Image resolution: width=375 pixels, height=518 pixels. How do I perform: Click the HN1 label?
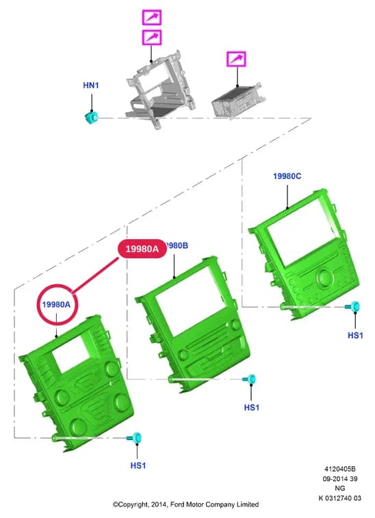[x=91, y=85]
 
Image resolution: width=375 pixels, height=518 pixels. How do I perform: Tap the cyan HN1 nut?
[x=91, y=118]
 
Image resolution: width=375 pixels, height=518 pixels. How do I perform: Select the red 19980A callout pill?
[x=142, y=249]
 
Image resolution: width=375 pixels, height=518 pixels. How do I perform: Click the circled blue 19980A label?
[x=56, y=304]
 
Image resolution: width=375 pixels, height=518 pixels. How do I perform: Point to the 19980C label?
[x=287, y=176]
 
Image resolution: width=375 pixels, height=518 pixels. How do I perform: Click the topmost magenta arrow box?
[x=152, y=17]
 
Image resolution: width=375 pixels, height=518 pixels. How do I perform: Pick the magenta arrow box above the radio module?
[x=236, y=59]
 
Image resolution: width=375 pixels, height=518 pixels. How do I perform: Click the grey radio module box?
[x=237, y=100]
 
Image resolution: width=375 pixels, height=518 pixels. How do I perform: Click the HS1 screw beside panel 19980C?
[x=353, y=307]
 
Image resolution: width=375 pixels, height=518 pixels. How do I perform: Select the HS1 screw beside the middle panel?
[x=250, y=379]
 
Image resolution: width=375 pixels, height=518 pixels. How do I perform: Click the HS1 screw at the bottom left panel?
[x=135, y=438]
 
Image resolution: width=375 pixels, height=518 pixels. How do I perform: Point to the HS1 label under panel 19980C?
[x=355, y=336]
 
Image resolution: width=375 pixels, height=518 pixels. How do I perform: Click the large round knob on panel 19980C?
[x=324, y=276]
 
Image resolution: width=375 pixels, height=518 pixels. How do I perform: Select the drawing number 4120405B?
[x=340, y=469]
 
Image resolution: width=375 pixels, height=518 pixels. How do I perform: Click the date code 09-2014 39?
[x=340, y=478]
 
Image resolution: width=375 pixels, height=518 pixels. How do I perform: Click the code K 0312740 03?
[x=340, y=498]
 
